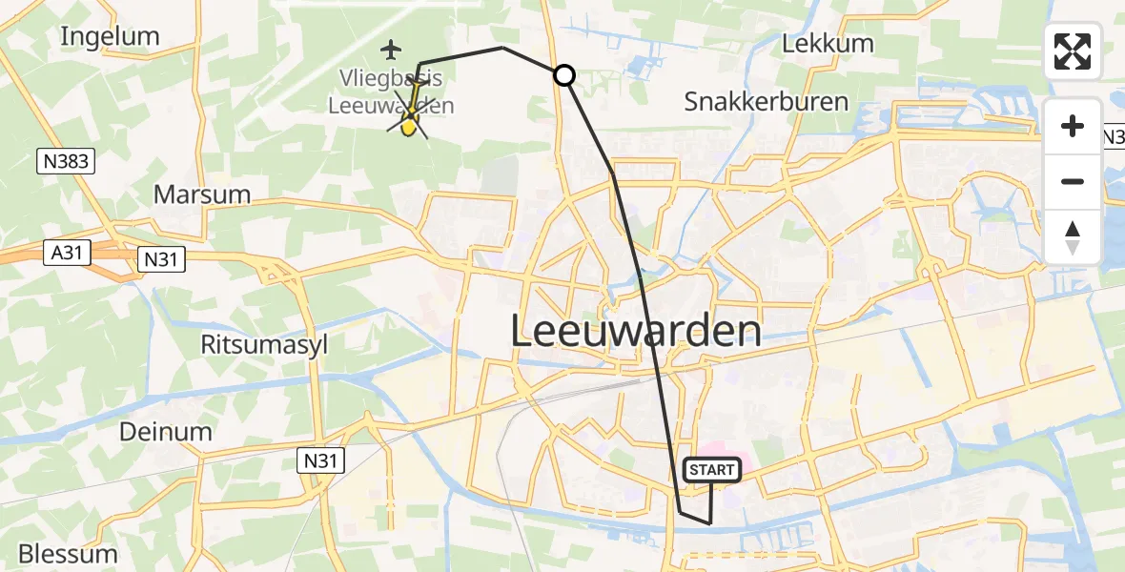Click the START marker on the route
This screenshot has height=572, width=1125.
pyautogui.click(x=711, y=469)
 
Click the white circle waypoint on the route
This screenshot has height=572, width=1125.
pyautogui.click(x=564, y=74)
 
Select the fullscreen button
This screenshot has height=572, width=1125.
pyautogui.click(x=1073, y=51)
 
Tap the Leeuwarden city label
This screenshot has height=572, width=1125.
pyautogui.click(x=636, y=332)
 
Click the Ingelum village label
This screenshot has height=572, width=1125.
pyautogui.click(x=110, y=36)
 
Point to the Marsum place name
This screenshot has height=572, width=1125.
pyautogui.click(x=202, y=194)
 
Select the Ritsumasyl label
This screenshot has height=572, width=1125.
pyautogui.click(x=264, y=344)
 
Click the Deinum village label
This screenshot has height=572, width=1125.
pyautogui.click(x=166, y=432)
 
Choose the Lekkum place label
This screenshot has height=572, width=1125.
pyautogui.click(x=813, y=44)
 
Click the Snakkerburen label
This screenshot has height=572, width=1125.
pyautogui.click(x=767, y=102)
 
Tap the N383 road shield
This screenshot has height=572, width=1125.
pyautogui.click(x=67, y=161)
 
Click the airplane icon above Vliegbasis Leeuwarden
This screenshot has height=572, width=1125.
pyautogui.click(x=391, y=48)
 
